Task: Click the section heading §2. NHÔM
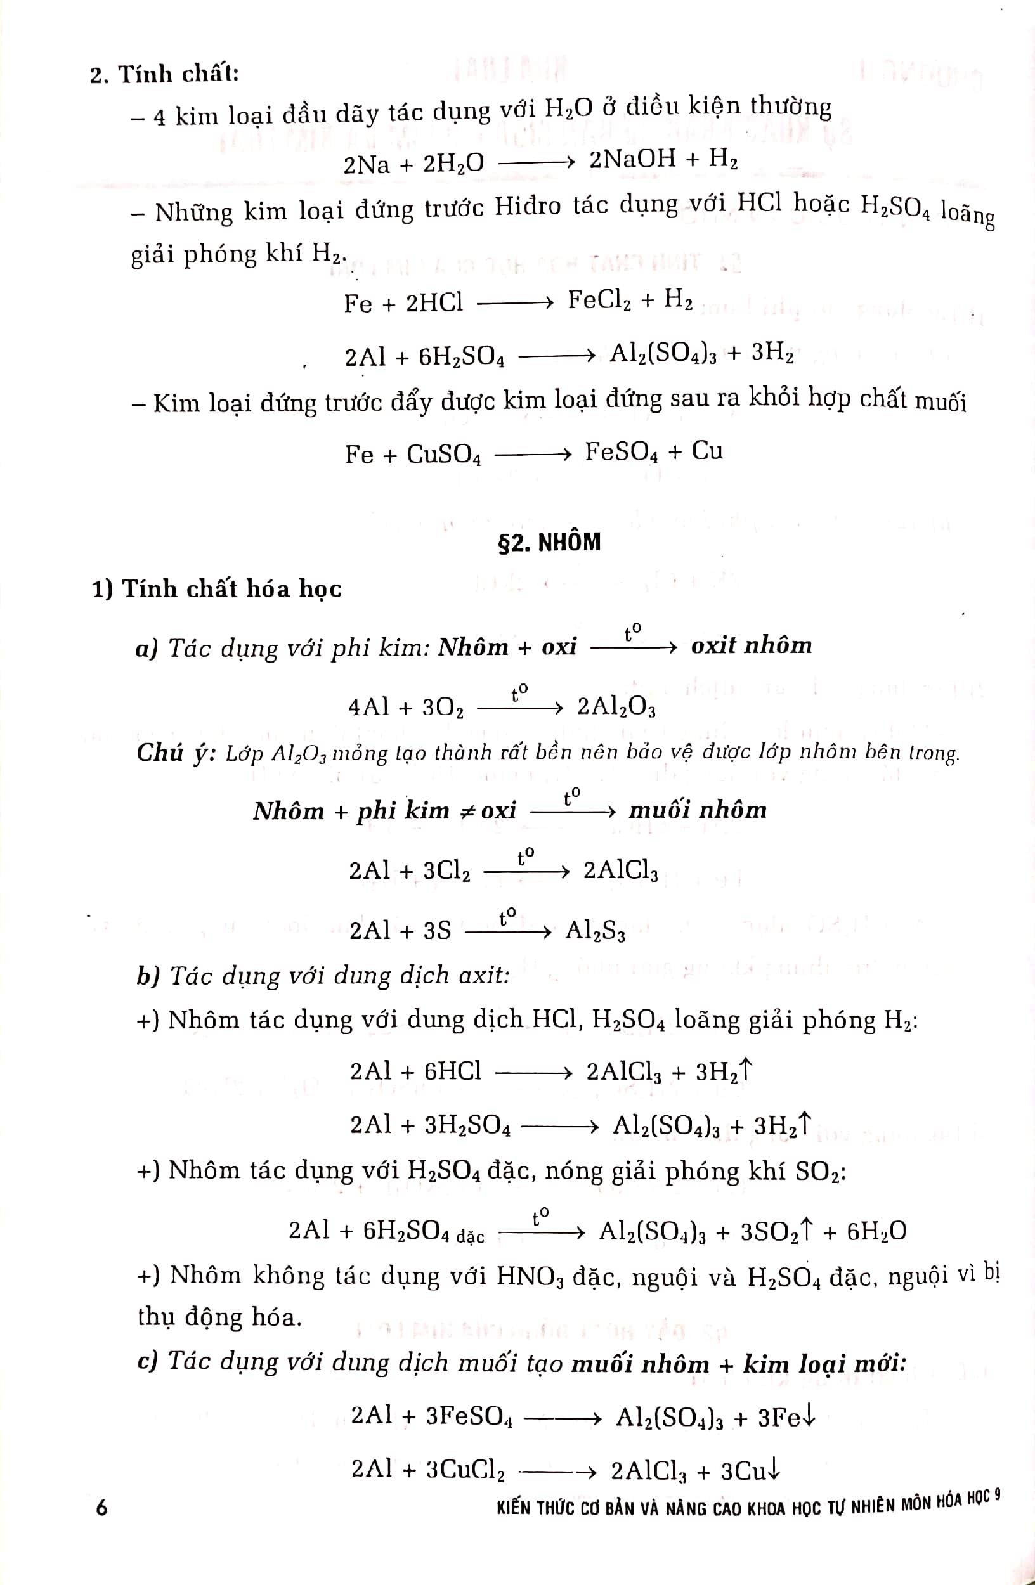pyautogui.click(x=549, y=543)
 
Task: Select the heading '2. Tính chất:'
pyautogui.click(x=164, y=74)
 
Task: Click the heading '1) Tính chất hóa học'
pyautogui.click(x=217, y=589)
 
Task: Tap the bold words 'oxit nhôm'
pyautogui.click(x=752, y=645)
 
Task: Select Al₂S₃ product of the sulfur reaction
pyautogui.click(x=595, y=929)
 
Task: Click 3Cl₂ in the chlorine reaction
pyautogui.click(x=446, y=871)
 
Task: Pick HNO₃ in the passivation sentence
pyautogui.click(x=530, y=1277)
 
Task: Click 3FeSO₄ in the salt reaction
pyautogui.click(x=469, y=1416)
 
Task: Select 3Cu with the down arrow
pyautogui.click(x=749, y=1470)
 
